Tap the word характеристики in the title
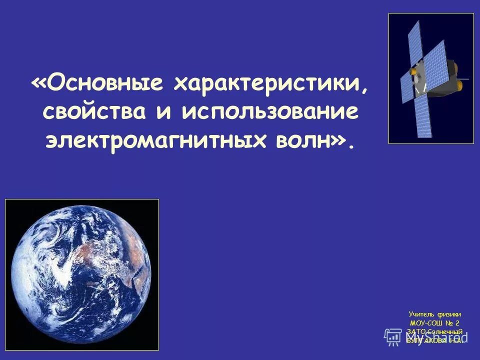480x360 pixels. click(x=269, y=84)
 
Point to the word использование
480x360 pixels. click(x=270, y=111)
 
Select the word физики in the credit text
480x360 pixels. click(x=449, y=314)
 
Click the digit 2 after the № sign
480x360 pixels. click(x=457, y=322)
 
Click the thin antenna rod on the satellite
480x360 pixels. click(x=465, y=78)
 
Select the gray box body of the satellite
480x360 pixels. click(x=440, y=75)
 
